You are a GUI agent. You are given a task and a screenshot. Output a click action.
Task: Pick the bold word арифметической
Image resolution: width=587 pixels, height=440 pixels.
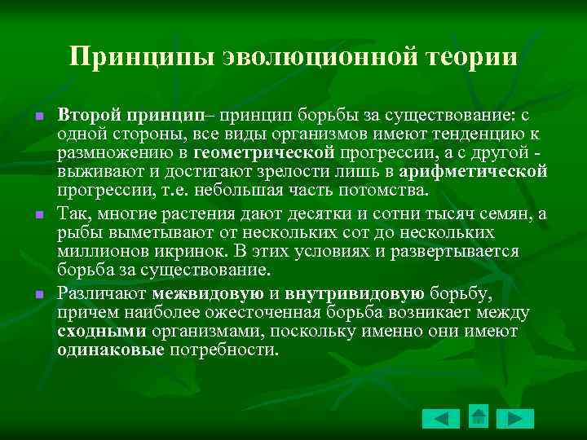pos(483,171)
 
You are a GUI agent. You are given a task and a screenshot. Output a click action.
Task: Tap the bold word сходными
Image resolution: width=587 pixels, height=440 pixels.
pos(102,332)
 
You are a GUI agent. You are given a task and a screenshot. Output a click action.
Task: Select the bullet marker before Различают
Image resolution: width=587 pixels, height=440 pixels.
pos(38,295)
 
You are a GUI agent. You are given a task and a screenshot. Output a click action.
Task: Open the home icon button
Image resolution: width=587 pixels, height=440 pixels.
pos(479,417)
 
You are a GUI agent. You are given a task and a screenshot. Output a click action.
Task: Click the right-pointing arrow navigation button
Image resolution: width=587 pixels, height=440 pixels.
pos(515,419)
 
